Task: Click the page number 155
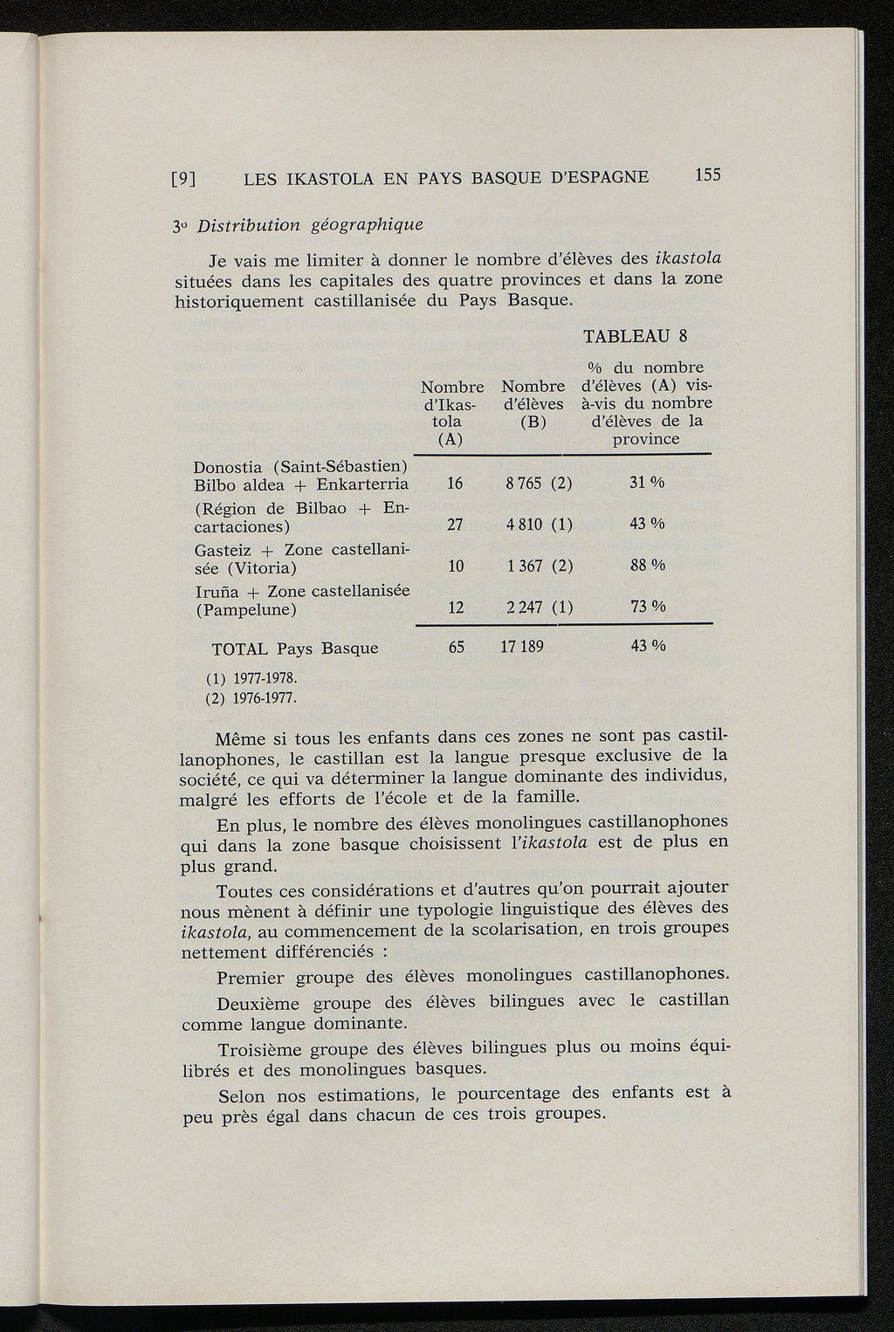(x=707, y=175)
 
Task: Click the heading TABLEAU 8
(x=636, y=337)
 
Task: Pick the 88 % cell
(x=647, y=566)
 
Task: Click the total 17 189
(x=522, y=648)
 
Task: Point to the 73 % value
(x=647, y=608)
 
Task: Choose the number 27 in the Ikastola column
(x=455, y=525)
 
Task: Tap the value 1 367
(x=525, y=566)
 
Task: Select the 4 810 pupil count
(x=525, y=525)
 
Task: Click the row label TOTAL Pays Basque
(x=295, y=649)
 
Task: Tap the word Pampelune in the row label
(x=245, y=610)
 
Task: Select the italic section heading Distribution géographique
(x=310, y=225)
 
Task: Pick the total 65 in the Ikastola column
(x=455, y=648)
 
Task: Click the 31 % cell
(x=647, y=483)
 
